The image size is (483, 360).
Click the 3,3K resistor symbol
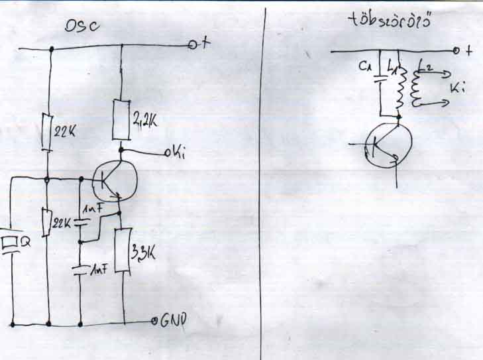coord(122,250)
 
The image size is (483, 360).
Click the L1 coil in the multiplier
coord(399,93)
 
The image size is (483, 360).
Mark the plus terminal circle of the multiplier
coord(456,51)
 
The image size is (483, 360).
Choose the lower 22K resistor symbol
coord(47,222)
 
